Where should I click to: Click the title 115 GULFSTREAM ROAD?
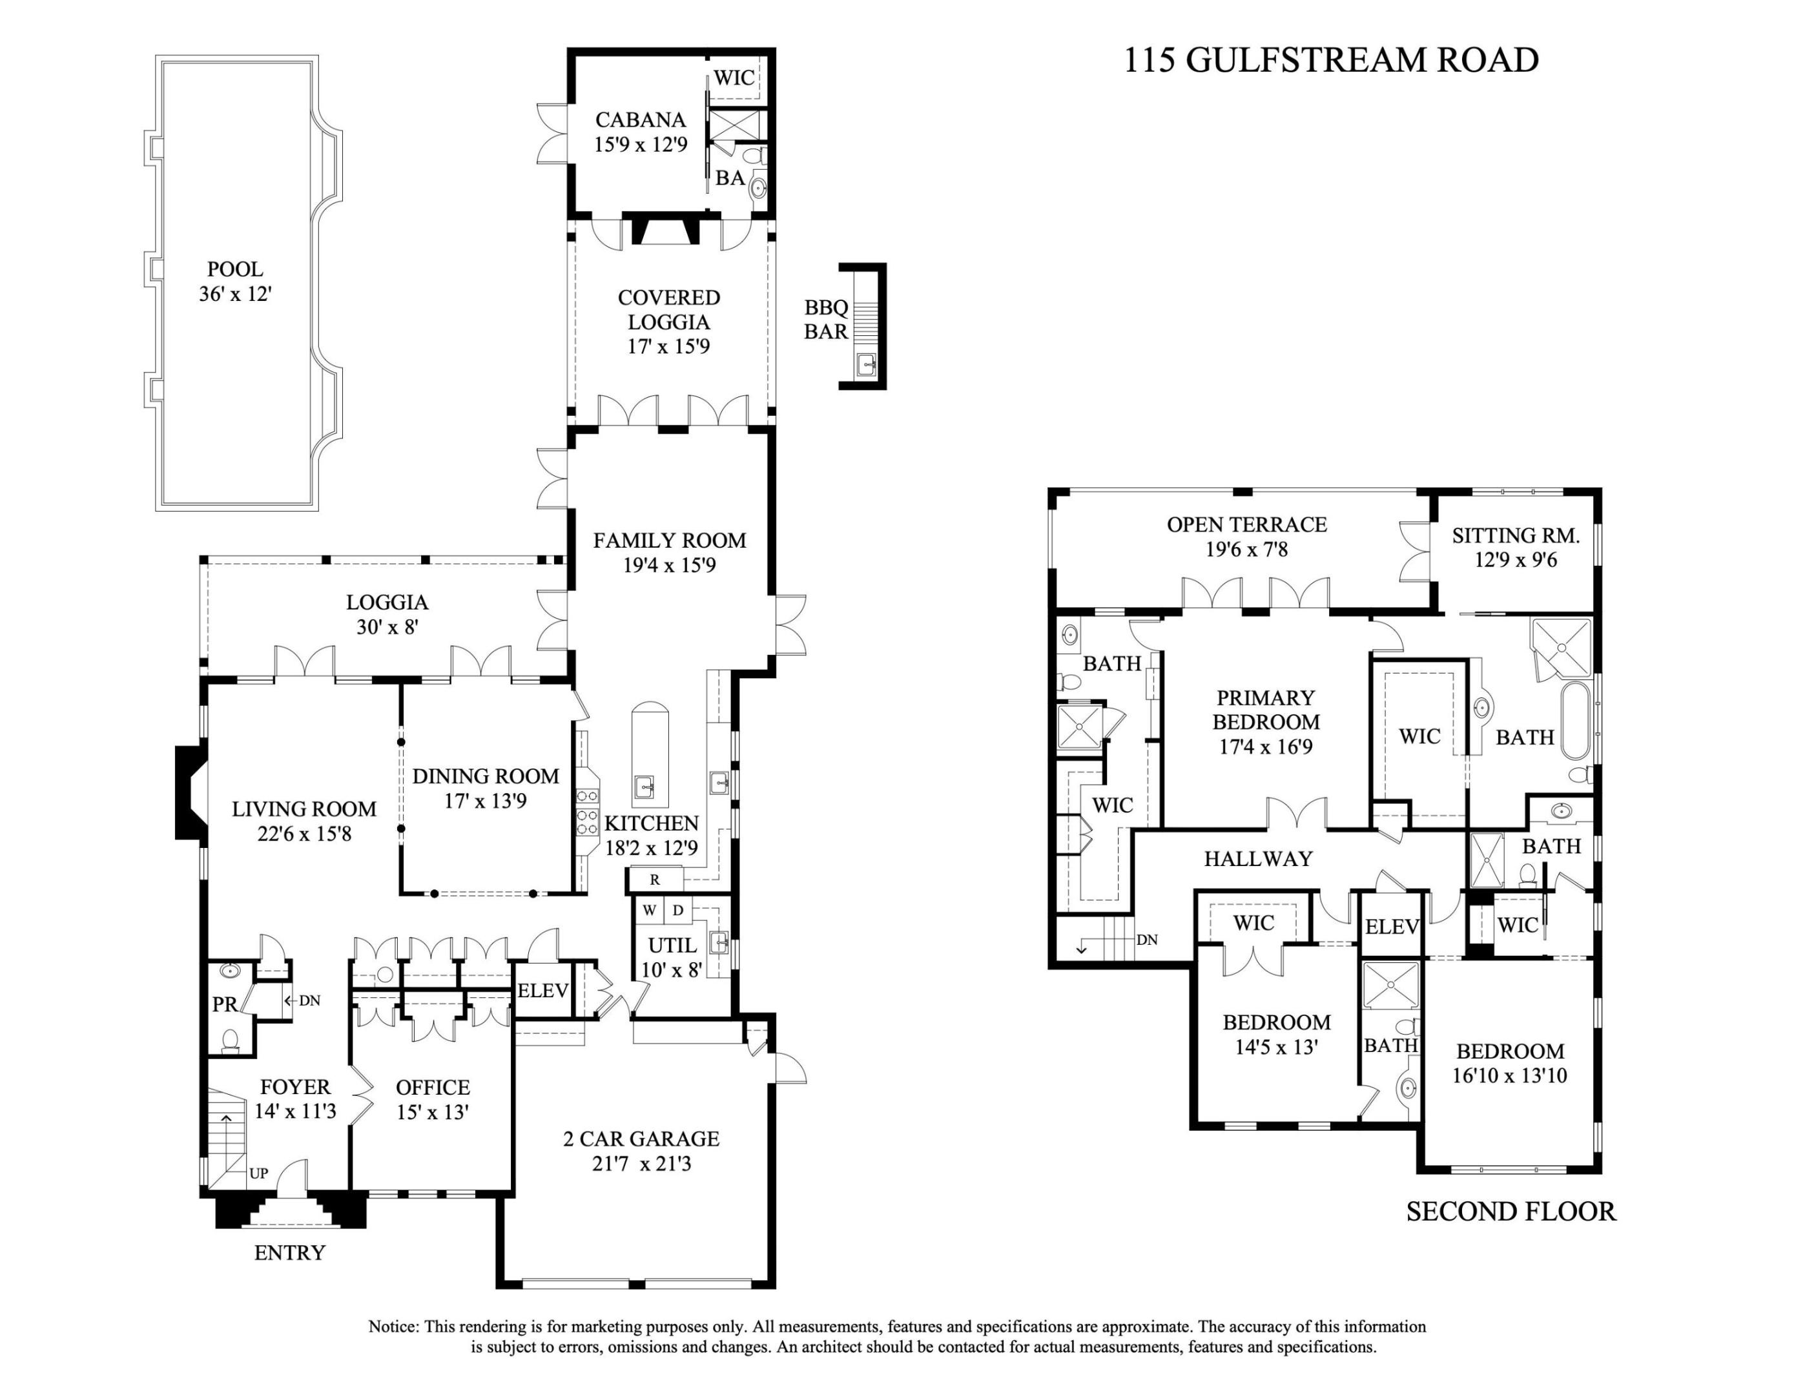tap(1330, 60)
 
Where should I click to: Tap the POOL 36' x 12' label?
tap(236, 281)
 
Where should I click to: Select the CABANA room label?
tap(640, 120)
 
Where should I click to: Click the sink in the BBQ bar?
tap(866, 363)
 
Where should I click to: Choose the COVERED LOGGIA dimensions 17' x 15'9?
tap(668, 346)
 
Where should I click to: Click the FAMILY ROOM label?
tap(670, 541)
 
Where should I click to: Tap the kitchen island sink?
tap(645, 785)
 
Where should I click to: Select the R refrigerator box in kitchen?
tap(655, 880)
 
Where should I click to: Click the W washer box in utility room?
tap(650, 911)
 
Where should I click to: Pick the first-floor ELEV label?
tap(542, 990)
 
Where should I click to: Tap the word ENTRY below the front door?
tap(289, 1253)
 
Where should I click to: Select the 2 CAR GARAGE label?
tap(641, 1139)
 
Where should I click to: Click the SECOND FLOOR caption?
tap(1511, 1212)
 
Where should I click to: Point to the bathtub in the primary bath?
tap(1575, 721)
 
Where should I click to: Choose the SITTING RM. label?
tap(1516, 535)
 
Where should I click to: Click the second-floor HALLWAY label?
tap(1258, 859)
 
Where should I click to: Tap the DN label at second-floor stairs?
tap(1146, 940)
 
